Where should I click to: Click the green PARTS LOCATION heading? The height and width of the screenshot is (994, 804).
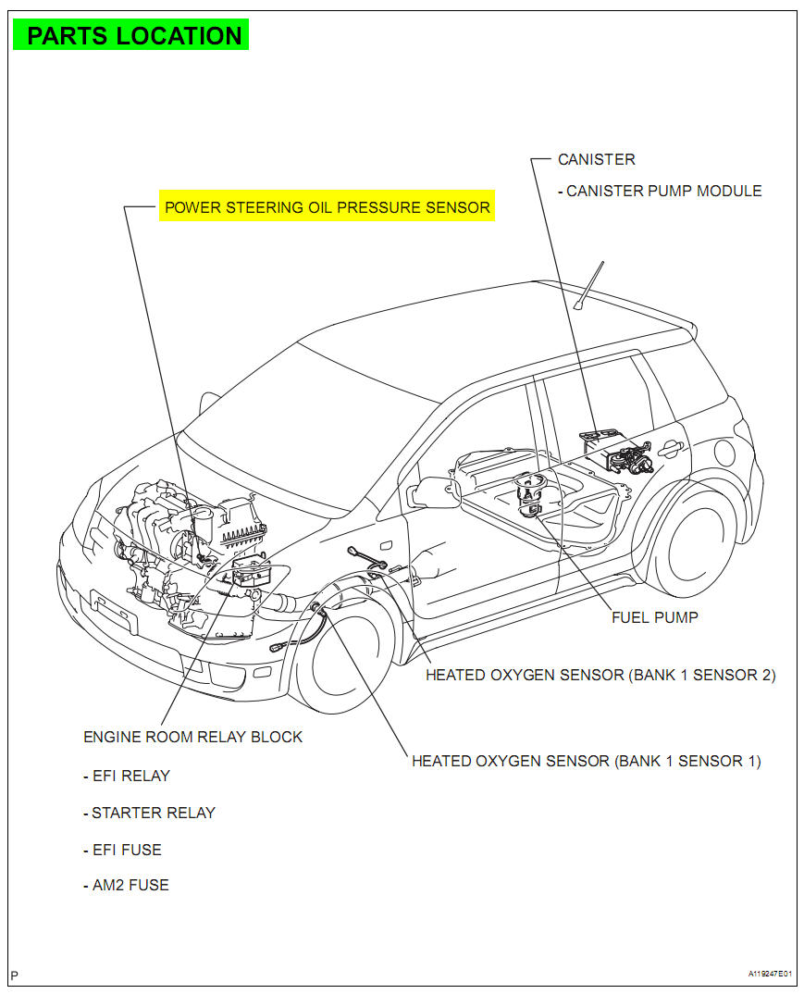133,36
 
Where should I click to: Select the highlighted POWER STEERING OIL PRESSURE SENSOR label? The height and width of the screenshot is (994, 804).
327,207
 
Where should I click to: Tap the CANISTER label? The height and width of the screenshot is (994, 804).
596,159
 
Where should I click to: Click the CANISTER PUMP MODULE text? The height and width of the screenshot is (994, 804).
663,191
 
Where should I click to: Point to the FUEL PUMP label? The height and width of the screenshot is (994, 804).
654,617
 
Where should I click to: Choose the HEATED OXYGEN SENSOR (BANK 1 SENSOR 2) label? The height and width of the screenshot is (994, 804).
600,675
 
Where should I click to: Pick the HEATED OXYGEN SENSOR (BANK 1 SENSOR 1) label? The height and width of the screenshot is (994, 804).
586,761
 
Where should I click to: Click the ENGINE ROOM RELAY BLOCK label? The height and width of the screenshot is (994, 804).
192,737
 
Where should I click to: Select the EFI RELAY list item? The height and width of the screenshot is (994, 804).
130,776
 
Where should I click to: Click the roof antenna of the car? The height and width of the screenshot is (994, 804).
588,286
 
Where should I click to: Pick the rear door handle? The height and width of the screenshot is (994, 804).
671,449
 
